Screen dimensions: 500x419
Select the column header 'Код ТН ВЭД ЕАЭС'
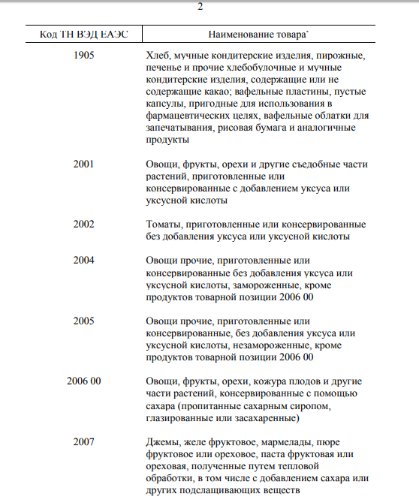tap(83, 35)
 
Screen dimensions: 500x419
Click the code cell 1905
tap(84, 56)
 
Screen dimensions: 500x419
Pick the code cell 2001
tap(84, 164)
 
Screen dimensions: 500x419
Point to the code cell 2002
tap(84, 224)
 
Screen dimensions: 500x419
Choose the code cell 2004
tap(84, 260)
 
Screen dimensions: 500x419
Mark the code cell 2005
tap(84, 321)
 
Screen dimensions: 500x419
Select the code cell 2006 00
tap(84, 381)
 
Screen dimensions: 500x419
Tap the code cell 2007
tap(84, 441)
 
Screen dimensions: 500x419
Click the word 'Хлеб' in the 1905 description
tap(158, 56)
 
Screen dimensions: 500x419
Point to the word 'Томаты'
tap(164, 224)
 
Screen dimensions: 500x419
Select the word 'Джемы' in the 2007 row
tap(163, 441)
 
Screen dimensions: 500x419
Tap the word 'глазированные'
tap(180, 417)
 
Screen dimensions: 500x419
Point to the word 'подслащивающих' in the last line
tap(216, 489)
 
